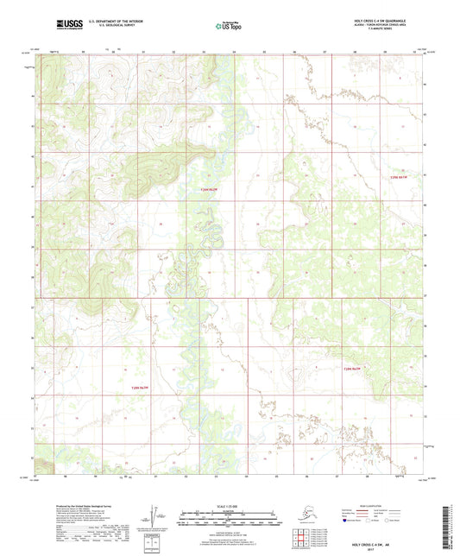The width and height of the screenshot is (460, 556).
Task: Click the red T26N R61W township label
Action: coord(397,177)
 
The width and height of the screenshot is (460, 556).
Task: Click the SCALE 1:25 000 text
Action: coord(230,505)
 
